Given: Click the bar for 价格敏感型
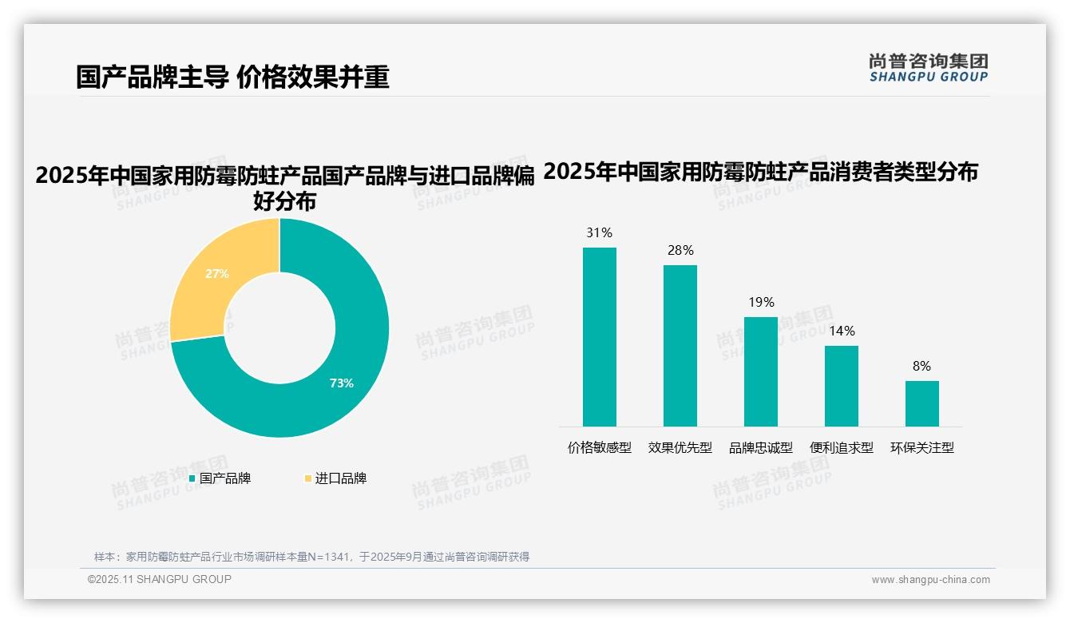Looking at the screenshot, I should (599, 336).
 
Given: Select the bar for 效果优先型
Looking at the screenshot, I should (680, 345).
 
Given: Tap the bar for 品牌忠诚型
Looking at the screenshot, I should (760, 371).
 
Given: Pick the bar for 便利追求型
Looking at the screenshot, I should (841, 386).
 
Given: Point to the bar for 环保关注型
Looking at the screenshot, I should (921, 403).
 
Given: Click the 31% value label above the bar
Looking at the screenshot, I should (599, 233).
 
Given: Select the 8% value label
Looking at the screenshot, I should (921, 367).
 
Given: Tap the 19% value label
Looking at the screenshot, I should (761, 303).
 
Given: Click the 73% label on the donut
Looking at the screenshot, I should (341, 383).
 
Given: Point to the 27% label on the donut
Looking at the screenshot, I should (217, 274).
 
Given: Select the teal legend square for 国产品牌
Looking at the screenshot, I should (192, 479).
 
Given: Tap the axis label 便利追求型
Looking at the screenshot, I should (841, 448).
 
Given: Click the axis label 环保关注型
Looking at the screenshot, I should (921, 448).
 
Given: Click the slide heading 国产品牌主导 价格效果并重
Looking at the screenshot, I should (232, 77).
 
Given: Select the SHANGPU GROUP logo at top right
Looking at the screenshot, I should (928, 68).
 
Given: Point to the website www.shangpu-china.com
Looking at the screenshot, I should (930, 580).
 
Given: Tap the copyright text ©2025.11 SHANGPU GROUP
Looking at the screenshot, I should (160, 580).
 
